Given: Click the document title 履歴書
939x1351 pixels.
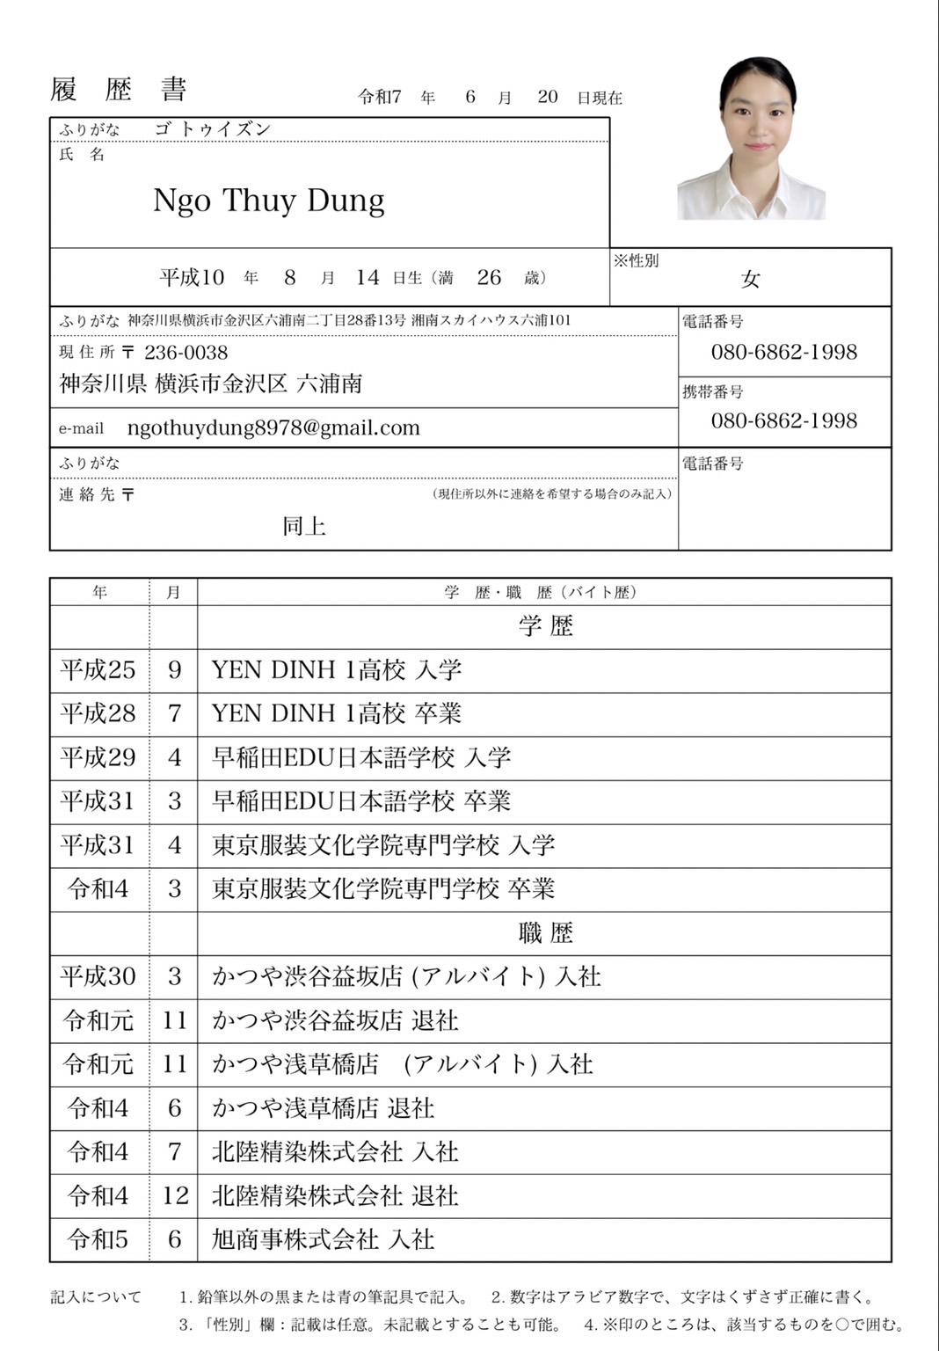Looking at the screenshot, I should pos(119,91).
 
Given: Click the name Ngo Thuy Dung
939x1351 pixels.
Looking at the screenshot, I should pos(268,201).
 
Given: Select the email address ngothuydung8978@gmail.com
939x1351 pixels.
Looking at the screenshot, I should pos(273,428).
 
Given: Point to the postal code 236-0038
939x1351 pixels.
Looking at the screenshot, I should pos(186,353).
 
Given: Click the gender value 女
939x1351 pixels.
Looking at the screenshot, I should pos(750,280).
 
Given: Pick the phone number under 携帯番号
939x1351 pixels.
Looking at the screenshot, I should pos(783,420).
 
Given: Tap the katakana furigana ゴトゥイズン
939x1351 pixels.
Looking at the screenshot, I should pos(212,129).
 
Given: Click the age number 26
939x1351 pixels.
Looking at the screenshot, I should pos(489,278).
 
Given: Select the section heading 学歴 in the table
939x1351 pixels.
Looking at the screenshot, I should pos(545,626).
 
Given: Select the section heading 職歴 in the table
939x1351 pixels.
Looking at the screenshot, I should pos(545,933).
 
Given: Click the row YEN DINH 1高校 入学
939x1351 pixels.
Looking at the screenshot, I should pos(336,670).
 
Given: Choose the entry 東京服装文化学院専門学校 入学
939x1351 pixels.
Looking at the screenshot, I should pos(383,845).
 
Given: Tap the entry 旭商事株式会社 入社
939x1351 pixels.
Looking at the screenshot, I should pos(323,1239).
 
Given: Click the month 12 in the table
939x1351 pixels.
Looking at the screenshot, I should pos(175,1195).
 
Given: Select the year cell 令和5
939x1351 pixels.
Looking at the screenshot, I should pos(98,1239).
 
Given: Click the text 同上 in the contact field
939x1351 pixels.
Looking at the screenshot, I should pos(304,526).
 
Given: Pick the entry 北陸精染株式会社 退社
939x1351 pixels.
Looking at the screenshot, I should pos(335,1195).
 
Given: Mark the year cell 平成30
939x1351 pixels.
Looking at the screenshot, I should pos(98,976).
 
